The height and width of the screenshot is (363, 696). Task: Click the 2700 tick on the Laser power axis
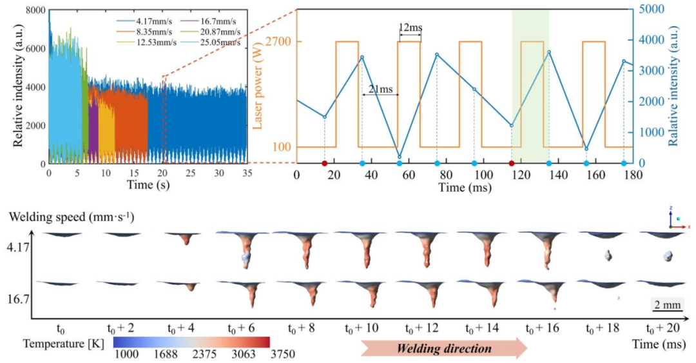coord(281,42)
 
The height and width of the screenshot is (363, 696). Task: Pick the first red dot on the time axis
coord(325,164)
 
